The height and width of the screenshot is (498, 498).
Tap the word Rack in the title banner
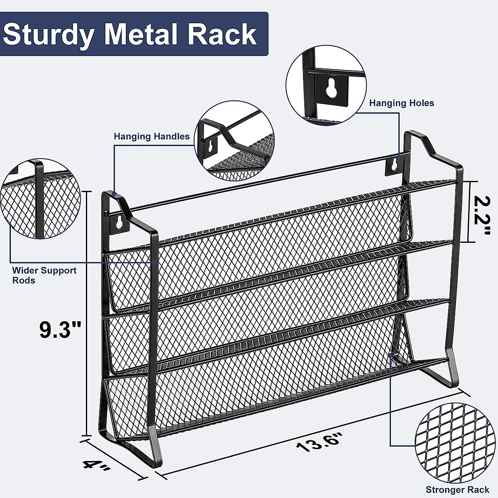[x=222, y=34]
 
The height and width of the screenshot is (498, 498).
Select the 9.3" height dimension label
[x=60, y=330]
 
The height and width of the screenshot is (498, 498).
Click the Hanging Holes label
[x=401, y=103]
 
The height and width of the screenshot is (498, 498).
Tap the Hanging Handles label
[x=152, y=136]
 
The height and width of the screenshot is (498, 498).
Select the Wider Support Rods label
[x=44, y=275]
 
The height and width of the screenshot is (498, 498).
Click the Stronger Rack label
[x=457, y=490]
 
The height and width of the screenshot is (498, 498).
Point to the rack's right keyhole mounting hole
[x=394, y=165]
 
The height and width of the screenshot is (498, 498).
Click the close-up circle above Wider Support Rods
[x=40, y=198]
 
